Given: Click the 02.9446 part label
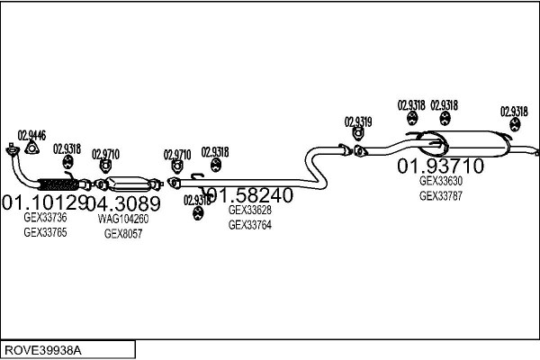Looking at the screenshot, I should click(32, 135).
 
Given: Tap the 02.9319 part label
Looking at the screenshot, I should click(357, 121).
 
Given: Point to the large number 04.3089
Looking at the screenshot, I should click(123, 202).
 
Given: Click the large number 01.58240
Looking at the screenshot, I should click(247, 195).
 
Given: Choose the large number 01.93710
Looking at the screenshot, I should click(441, 166).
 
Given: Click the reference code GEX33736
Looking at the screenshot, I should click(45, 217).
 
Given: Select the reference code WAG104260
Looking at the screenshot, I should click(123, 219).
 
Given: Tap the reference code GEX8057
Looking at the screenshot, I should click(123, 233).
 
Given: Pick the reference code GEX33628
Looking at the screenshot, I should click(250, 211).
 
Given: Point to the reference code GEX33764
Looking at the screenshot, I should click(250, 225).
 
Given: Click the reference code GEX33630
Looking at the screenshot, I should click(441, 180).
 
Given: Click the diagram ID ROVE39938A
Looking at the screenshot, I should click(42, 348).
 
